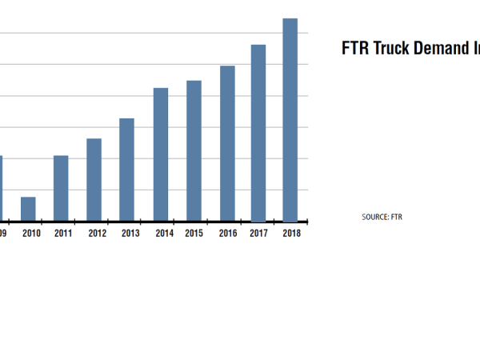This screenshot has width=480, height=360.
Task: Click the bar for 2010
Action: pos(28,209)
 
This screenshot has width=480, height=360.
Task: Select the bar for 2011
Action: pos(61,188)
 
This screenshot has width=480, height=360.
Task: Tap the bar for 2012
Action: pos(94,180)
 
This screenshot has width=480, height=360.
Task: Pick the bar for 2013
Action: pos(126,170)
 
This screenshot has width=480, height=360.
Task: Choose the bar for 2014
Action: pos(161,154)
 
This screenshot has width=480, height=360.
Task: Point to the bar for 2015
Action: pos(194,150)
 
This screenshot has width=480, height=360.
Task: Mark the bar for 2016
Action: pos(227,143)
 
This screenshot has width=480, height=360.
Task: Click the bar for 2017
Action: pos(258,133)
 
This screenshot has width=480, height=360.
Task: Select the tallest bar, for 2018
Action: pos(290,120)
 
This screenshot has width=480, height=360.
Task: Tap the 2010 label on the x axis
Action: pos(31,234)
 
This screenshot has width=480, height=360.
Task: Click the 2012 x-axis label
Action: pos(98,234)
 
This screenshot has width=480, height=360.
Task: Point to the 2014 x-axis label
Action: pos(164,234)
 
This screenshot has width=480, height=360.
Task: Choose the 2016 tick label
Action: pos(228,234)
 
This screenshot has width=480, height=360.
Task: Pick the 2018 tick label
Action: pos(292,234)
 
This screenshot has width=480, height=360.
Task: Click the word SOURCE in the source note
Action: pos(375,217)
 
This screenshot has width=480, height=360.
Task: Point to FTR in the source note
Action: pos(396,217)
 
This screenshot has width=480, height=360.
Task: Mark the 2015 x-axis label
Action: pos(194,234)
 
